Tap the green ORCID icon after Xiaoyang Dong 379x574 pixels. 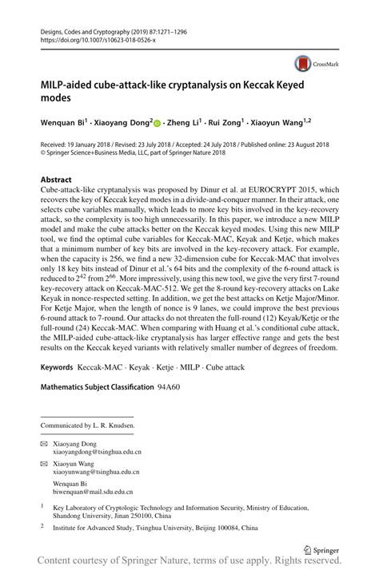point(157,122)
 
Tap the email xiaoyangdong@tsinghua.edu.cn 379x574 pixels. point(97,452)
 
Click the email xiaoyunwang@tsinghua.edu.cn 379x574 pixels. point(97,473)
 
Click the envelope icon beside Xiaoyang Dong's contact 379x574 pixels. point(43,443)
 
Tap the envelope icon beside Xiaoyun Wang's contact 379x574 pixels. point(43,464)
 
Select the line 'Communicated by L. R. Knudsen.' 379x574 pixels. point(88,426)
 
